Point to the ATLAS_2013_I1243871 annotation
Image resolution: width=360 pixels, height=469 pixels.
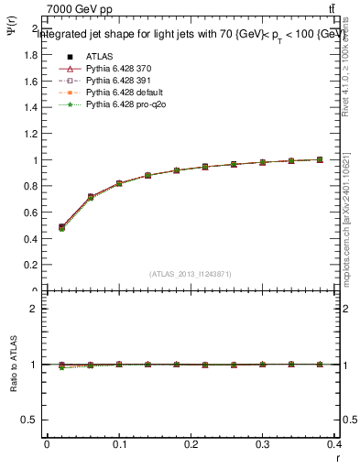click(x=191, y=275)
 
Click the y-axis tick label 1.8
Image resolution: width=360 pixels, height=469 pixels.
click(x=30, y=55)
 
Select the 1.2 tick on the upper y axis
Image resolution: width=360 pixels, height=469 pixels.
click(x=30, y=134)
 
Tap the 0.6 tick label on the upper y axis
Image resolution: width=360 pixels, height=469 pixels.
click(x=30, y=213)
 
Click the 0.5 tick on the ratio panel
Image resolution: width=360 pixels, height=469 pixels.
click(x=30, y=420)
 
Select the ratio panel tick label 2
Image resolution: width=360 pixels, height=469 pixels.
click(x=34, y=309)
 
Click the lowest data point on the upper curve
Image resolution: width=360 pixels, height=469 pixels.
click(x=61, y=227)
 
